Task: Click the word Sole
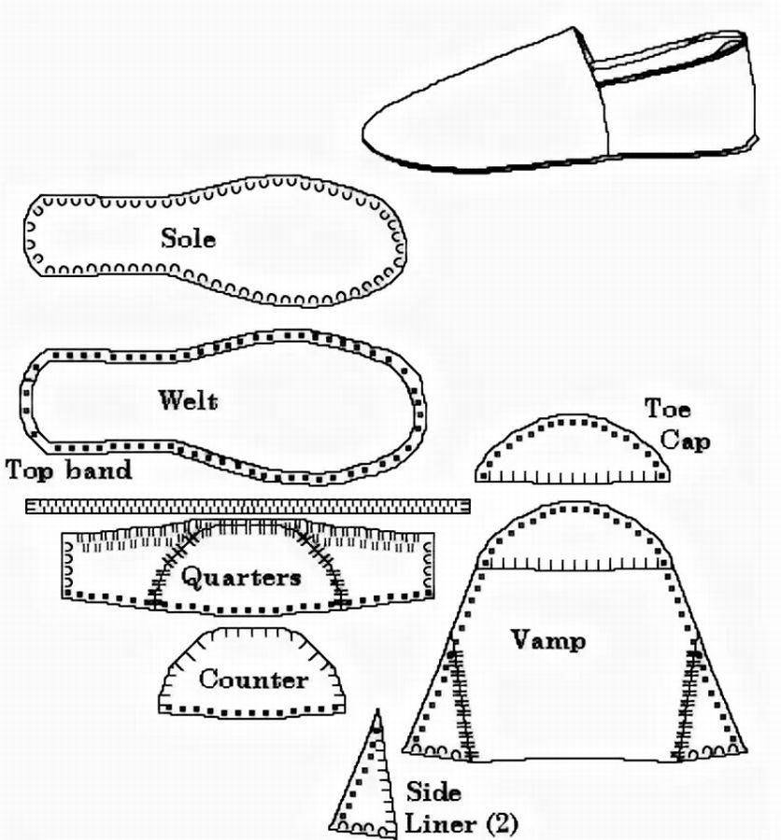188,238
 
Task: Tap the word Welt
188,401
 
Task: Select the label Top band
68,469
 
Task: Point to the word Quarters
241,577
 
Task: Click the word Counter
252,679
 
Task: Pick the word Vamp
548,640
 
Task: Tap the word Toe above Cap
667,409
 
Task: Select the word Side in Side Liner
433,792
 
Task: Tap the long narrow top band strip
248,506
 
